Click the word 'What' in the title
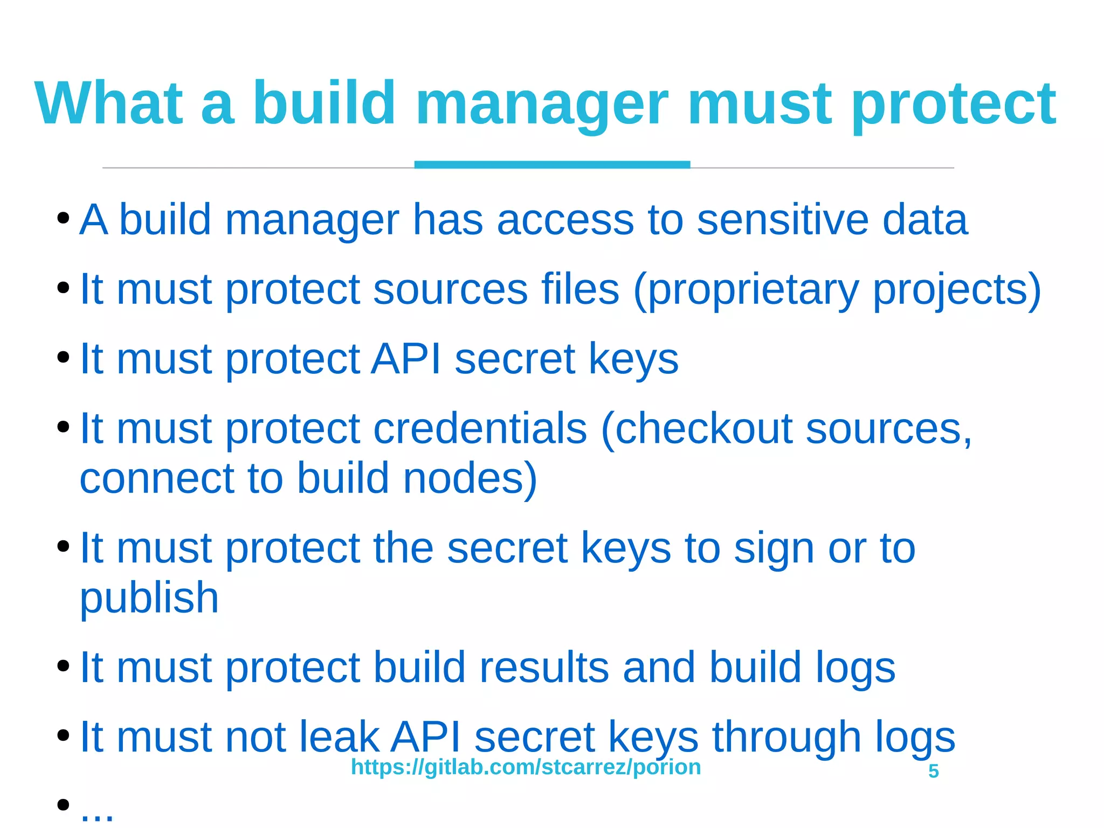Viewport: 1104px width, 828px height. (x=108, y=103)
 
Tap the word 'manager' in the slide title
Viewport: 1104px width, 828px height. (x=541, y=103)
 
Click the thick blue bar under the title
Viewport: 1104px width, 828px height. (x=552, y=164)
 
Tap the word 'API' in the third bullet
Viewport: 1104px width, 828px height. (x=406, y=359)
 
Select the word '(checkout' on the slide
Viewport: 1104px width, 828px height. (x=696, y=429)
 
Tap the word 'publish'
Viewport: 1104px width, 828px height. (x=149, y=598)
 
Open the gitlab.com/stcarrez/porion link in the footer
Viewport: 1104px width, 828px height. (x=526, y=767)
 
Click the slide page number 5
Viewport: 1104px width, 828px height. (x=934, y=771)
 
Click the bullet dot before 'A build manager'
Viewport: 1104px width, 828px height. (x=63, y=219)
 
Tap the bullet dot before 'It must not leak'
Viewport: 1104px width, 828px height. (x=63, y=735)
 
